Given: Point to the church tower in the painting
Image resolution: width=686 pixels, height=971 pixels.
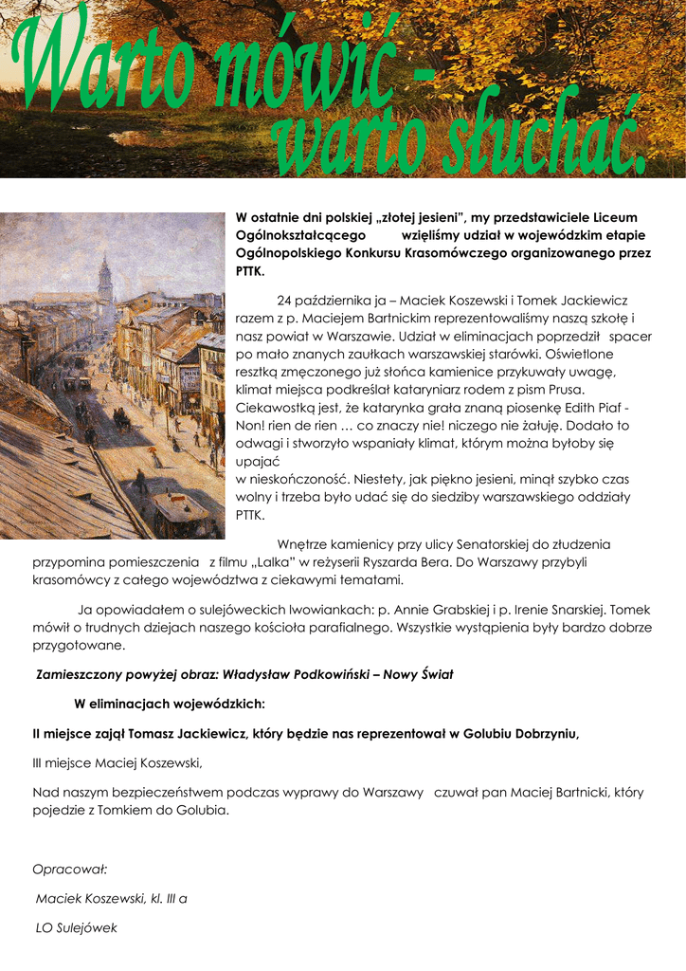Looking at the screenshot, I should (x=104, y=280).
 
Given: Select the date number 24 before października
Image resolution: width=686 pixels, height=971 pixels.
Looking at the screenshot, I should (x=285, y=301).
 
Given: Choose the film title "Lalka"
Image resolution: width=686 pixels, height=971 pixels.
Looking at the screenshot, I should (x=288, y=562).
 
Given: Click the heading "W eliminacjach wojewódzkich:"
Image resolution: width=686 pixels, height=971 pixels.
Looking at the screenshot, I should (x=170, y=704).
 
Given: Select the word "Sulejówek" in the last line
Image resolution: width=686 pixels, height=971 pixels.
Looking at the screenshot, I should (x=88, y=928).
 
